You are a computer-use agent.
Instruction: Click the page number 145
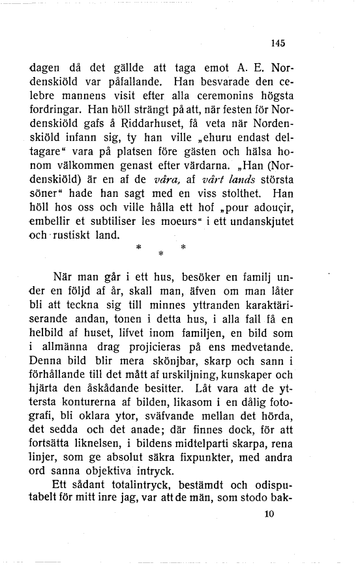(x=278, y=44)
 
